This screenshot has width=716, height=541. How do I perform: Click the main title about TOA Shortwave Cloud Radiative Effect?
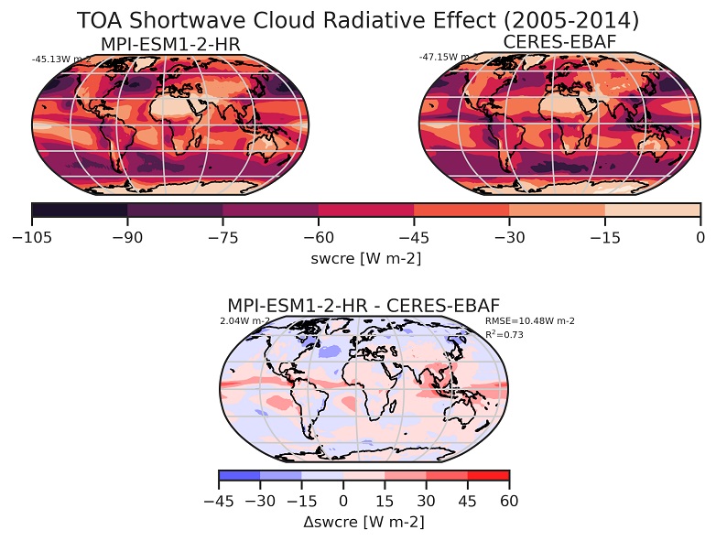357,20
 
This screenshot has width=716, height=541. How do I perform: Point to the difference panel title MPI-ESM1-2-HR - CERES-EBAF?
363,305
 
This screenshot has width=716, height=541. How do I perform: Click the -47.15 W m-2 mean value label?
448,58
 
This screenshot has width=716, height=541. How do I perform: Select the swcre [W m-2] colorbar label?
366,259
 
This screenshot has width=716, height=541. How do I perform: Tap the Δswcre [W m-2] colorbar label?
363,521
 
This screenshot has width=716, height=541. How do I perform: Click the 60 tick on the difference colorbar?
509,500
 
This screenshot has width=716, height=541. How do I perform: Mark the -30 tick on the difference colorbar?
260,500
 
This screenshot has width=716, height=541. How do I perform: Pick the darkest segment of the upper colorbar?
80,211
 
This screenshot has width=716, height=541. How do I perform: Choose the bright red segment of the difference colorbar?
488,476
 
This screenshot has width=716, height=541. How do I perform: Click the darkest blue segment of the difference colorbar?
240,476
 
